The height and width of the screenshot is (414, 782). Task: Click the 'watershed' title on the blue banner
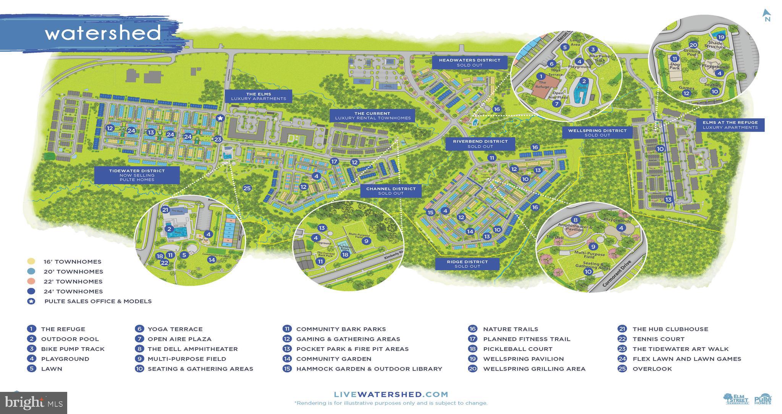coord(103,33)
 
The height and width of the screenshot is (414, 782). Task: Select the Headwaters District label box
coord(469,62)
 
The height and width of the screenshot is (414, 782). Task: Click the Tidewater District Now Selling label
coord(137,175)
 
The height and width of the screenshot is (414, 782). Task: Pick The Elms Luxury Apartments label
coord(259,96)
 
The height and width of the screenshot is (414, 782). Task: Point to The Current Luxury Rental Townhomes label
coord(372,116)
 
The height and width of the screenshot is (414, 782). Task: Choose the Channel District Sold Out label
coord(390,191)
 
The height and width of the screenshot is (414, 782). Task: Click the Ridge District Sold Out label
coord(467,264)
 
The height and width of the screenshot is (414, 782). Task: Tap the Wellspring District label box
coord(597,132)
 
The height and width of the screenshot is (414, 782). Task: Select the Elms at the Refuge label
coord(730,125)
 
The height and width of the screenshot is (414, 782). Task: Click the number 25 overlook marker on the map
coord(247,188)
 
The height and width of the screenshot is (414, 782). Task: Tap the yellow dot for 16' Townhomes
coord(31,262)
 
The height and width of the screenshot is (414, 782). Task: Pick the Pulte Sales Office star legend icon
coord(31,301)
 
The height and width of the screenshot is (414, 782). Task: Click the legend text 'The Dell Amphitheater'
coord(192,349)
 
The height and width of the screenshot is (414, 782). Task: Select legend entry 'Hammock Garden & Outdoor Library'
coord(369,369)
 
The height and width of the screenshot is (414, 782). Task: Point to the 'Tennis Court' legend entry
coord(658,339)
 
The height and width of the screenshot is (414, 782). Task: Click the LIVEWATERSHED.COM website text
coord(391,394)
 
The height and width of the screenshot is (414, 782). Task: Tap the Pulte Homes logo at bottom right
coord(763,400)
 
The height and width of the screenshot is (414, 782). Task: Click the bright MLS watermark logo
coord(34,403)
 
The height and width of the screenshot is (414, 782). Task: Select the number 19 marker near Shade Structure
coord(721,37)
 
